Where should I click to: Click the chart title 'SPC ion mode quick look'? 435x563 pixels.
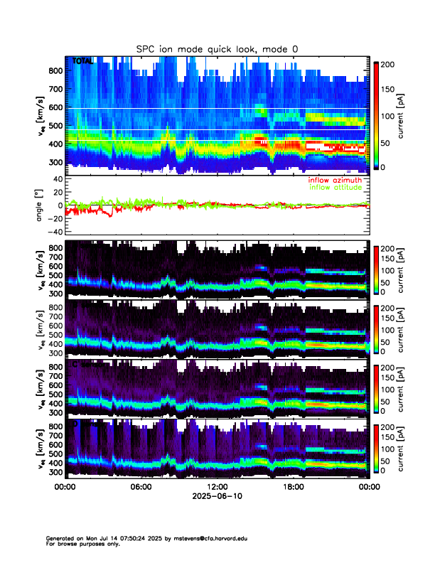(x=217, y=48)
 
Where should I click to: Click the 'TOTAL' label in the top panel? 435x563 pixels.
(x=83, y=62)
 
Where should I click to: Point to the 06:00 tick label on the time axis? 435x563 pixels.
(x=141, y=487)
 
